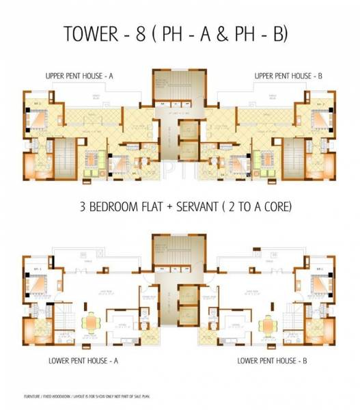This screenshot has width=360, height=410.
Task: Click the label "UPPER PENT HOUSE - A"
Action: point(77,77)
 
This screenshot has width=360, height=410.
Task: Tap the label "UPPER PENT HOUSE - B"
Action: point(286,77)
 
